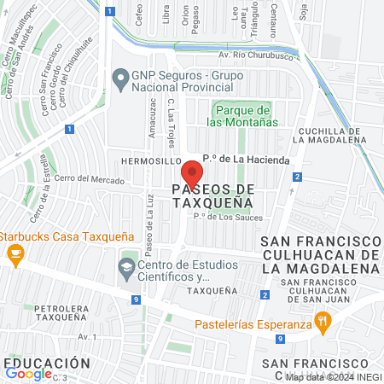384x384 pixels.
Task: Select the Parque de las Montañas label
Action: pos(243,116)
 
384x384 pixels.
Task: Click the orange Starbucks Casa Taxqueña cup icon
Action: pos(15,253)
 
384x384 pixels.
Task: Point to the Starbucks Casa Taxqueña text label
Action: pos(55,236)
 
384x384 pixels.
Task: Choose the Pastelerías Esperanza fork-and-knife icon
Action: pos(322,323)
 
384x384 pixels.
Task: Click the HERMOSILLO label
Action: pos(152,160)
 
